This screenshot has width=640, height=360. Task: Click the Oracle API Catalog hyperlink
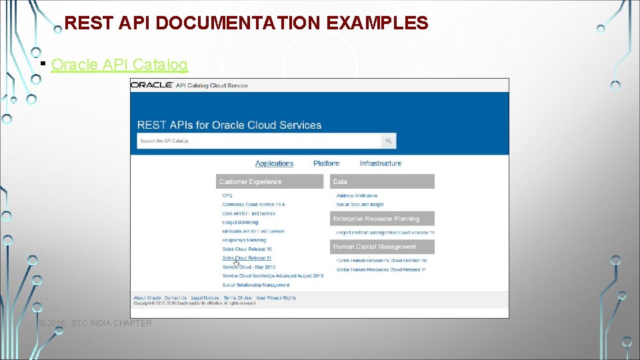click(119, 65)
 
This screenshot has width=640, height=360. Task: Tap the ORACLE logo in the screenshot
click(151, 85)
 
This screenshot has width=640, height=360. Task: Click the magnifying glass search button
click(389, 141)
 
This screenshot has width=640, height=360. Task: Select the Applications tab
click(274, 163)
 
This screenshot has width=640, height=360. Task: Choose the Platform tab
click(326, 163)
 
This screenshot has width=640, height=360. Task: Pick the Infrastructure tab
click(380, 163)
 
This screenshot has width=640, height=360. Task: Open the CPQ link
click(227, 196)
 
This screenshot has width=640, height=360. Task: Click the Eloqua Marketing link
click(240, 223)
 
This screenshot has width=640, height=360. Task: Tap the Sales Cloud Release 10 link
click(247, 249)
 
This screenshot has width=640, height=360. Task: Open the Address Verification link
click(357, 196)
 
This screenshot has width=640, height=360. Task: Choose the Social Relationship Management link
click(256, 285)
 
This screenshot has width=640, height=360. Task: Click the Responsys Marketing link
click(244, 240)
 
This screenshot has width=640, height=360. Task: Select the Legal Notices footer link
click(205, 298)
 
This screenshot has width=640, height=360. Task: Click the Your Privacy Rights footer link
click(275, 298)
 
